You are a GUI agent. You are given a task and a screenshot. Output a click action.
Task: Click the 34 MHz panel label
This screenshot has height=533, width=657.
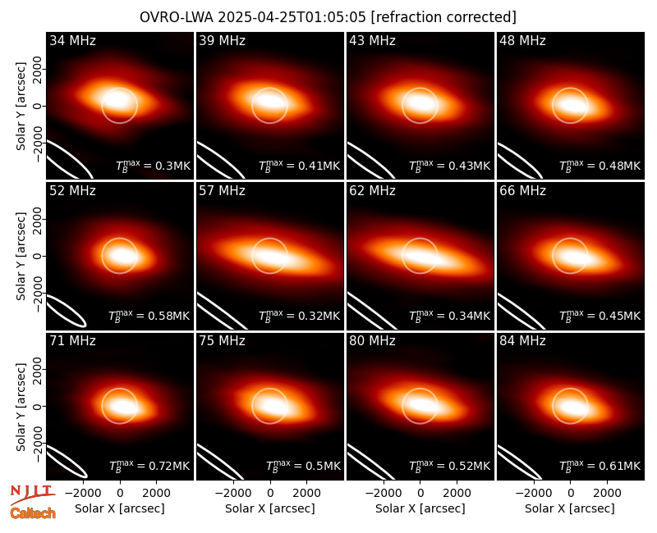pos(72,40)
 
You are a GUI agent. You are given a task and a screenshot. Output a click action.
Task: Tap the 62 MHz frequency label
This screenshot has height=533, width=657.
pos(373,191)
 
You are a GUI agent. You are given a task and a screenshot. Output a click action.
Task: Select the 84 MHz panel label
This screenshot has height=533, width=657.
pos(522,341)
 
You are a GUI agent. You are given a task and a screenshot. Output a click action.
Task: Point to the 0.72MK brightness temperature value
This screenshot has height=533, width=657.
pos(167,466)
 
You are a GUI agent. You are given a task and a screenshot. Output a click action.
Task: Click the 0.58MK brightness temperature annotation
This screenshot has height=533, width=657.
pos(167,316)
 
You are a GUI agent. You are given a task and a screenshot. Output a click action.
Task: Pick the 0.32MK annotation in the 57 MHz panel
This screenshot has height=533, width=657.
pos(317,316)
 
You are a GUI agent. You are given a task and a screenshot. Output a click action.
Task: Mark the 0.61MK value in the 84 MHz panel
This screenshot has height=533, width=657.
pos(618,466)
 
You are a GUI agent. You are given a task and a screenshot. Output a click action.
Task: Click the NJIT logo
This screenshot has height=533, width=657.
pos(32,494)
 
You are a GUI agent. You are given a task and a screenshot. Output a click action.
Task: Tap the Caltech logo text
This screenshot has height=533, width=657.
pos(33,513)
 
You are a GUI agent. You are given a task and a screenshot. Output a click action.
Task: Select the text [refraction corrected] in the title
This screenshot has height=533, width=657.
pos(443,17)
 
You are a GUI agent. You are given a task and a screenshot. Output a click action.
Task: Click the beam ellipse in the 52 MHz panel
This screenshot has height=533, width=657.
pos(66,311)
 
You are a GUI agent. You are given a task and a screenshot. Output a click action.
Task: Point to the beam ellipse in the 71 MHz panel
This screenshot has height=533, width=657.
pos(67,462)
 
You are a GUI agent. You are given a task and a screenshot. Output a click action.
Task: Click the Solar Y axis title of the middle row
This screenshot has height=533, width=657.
pos(21,256)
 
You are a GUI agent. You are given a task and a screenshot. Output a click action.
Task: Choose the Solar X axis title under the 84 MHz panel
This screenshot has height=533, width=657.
pos(570,508)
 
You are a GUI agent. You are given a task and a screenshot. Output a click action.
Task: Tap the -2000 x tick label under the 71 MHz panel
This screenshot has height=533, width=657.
pos(83,494)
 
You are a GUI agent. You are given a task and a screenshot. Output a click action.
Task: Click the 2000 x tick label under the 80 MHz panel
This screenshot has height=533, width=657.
pos(457,494)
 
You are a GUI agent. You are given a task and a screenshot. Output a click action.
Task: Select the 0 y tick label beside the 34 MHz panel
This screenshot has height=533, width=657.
pos(38,106)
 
